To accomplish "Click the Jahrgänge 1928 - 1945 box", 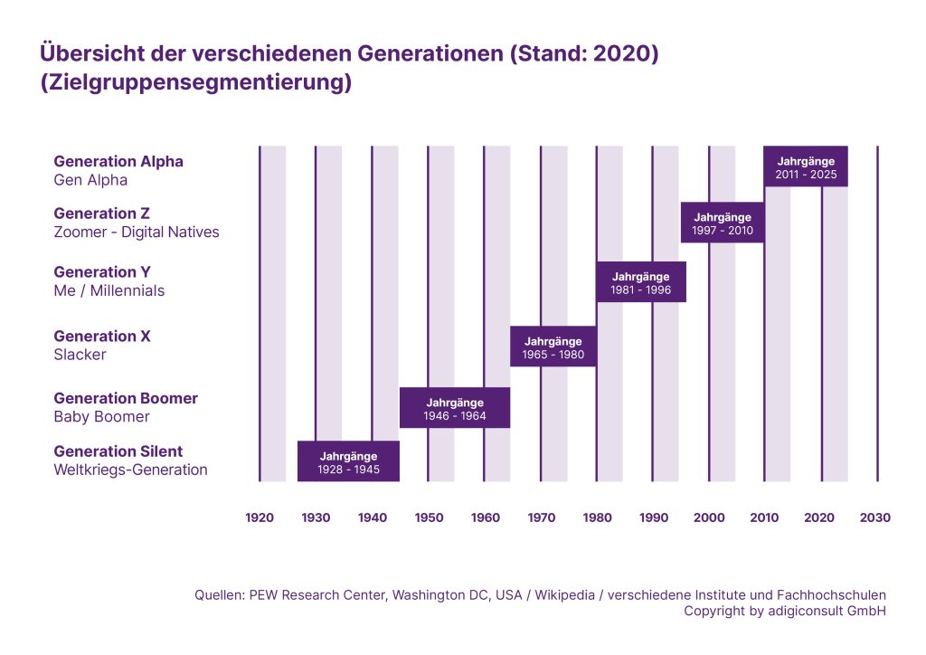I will [348, 462].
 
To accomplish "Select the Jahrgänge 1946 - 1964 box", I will [455, 408].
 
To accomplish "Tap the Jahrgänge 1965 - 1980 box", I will [553, 347].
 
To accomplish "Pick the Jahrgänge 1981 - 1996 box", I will [640, 282].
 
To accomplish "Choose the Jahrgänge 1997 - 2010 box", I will [723, 223].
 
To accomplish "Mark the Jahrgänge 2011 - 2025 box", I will [806, 166].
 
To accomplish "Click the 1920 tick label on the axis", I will [260, 517].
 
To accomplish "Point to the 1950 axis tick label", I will [429, 517].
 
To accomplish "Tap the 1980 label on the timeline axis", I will [597, 517].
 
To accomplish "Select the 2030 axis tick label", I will [874, 517].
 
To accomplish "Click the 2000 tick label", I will [709, 517].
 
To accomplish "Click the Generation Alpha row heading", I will [118, 161].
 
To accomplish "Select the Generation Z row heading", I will [101, 214].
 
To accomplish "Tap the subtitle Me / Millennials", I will [109, 291].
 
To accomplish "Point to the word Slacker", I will [80, 355].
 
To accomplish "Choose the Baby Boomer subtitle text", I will [101, 417].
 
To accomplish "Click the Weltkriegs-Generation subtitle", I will [130, 470].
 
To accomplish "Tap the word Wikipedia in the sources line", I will [566, 594].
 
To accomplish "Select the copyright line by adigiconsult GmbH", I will [784, 611].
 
